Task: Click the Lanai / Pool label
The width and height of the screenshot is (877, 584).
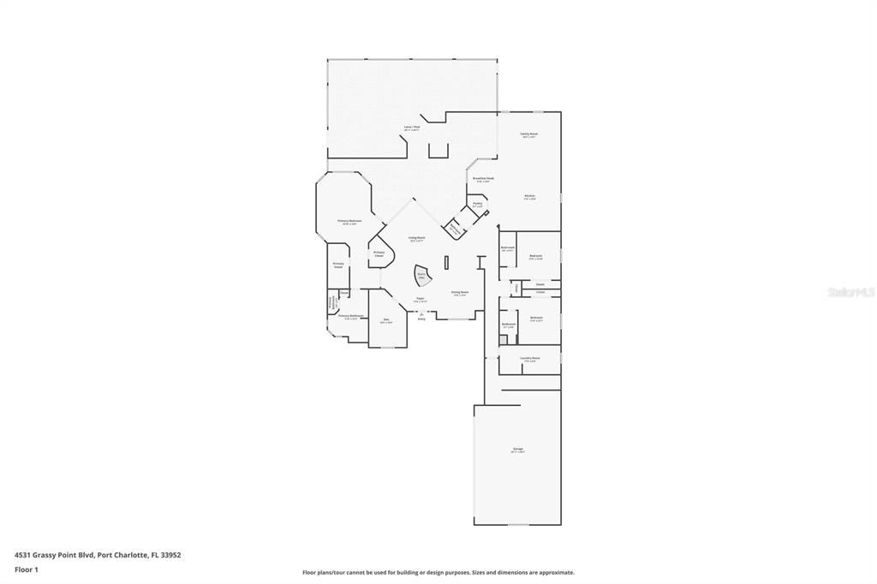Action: (412, 127)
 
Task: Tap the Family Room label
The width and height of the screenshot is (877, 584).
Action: (528, 134)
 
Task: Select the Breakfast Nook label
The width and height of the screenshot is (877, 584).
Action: (483, 178)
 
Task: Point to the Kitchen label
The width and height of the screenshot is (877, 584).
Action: (529, 196)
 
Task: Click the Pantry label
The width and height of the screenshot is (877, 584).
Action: (477, 204)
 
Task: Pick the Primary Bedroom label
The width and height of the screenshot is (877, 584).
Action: (349, 221)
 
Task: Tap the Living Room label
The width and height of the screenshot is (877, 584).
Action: (417, 238)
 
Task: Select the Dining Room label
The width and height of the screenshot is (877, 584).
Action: (460, 292)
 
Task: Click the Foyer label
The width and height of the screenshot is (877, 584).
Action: (420, 299)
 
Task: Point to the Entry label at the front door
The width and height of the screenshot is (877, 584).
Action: (421, 318)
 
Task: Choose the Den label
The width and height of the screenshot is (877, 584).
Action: (386, 320)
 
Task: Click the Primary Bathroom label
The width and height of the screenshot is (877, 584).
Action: (350, 316)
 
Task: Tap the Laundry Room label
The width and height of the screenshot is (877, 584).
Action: (530, 358)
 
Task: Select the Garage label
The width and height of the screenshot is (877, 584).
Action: (517, 450)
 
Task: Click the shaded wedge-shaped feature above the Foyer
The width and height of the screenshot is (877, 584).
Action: (422, 276)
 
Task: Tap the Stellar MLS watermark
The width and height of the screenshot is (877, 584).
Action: (850, 292)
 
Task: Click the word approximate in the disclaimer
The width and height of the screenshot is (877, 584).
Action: (557, 573)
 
